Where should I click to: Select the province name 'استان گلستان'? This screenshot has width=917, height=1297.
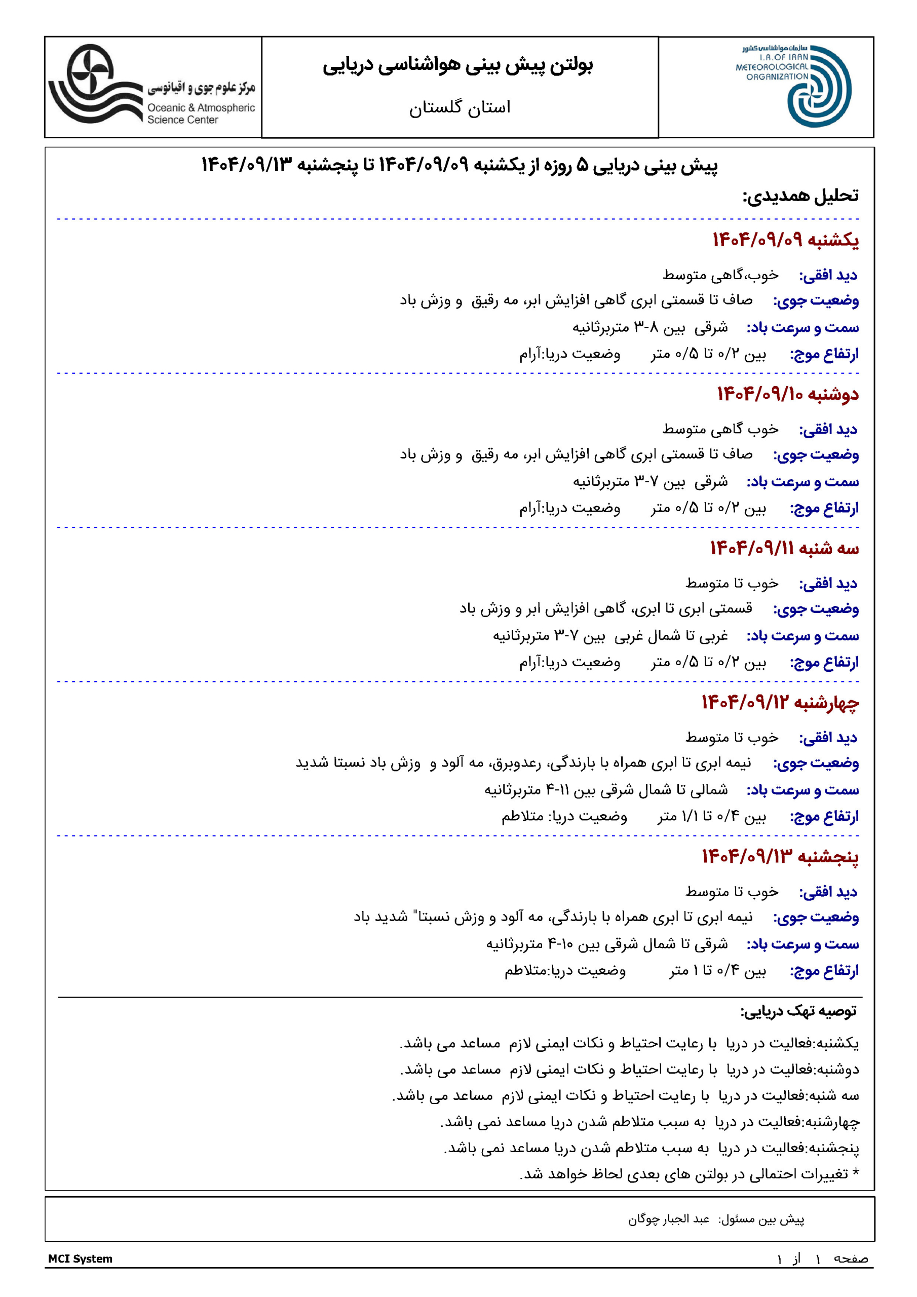(x=460, y=107)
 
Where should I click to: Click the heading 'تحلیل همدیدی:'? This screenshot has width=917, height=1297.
(x=800, y=196)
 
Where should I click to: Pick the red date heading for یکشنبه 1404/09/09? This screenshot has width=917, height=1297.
(x=785, y=240)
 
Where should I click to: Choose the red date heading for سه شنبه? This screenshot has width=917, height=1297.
(x=784, y=548)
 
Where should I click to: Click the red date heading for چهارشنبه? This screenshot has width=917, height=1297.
(x=780, y=702)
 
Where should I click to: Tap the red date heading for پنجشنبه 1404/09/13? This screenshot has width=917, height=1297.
(x=780, y=856)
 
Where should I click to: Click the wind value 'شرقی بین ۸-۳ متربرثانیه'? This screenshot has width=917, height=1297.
(x=650, y=328)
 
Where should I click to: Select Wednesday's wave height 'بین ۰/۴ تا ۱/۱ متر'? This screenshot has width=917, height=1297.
(x=712, y=816)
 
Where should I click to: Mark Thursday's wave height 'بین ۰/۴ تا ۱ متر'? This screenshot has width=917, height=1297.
(x=717, y=971)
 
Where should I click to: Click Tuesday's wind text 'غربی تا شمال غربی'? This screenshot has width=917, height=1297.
(x=671, y=636)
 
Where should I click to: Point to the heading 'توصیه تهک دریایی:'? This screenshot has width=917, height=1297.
(x=798, y=1011)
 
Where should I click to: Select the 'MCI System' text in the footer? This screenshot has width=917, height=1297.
(x=80, y=1258)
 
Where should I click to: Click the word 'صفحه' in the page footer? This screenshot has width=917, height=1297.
(x=851, y=1258)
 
